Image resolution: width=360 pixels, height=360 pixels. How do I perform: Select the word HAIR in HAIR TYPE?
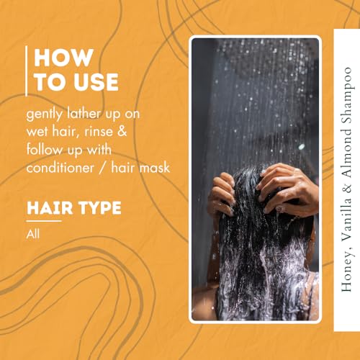point(48,209)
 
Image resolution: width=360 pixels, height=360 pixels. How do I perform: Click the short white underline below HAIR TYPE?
point(44,221)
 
